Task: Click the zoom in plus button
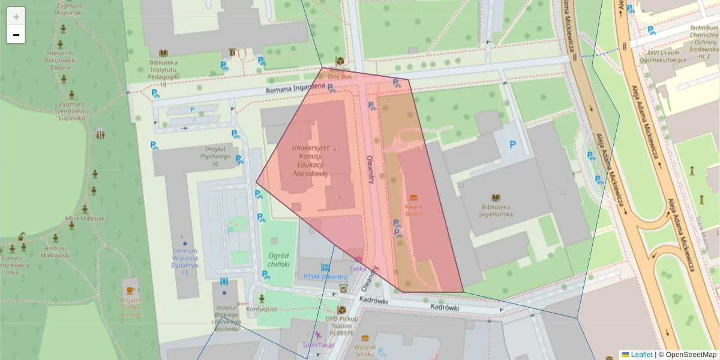(x=16, y=17)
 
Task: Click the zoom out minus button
(x=16, y=35)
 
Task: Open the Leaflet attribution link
(x=641, y=355)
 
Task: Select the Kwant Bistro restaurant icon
(x=413, y=198)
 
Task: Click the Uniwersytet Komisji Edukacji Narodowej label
(x=310, y=160)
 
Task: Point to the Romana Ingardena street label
(x=295, y=89)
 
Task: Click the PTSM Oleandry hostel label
(x=325, y=277)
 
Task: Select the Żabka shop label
(x=358, y=269)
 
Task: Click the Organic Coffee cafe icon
(x=130, y=282)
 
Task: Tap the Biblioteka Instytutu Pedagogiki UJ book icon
(x=163, y=53)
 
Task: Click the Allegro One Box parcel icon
(x=340, y=61)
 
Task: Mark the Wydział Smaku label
(x=365, y=350)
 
